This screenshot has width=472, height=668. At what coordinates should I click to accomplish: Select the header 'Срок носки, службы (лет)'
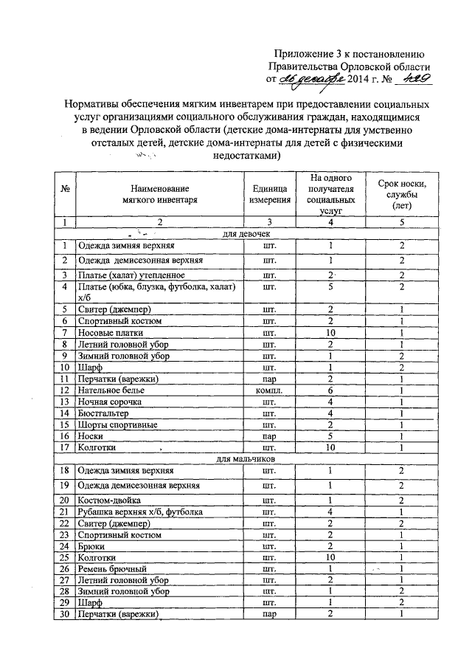coord(402,194)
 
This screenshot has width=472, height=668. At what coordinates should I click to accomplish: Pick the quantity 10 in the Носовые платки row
coord(331,332)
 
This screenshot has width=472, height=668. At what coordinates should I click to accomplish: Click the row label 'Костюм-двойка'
coord(108,500)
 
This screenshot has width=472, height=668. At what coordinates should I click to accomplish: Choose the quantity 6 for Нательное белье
coord(331,389)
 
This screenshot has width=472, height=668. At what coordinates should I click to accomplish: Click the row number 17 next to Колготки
coord(66,447)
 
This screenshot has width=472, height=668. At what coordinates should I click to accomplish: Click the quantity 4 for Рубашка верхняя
coord(331,512)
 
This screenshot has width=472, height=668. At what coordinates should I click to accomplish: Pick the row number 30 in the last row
coord(66,615)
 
